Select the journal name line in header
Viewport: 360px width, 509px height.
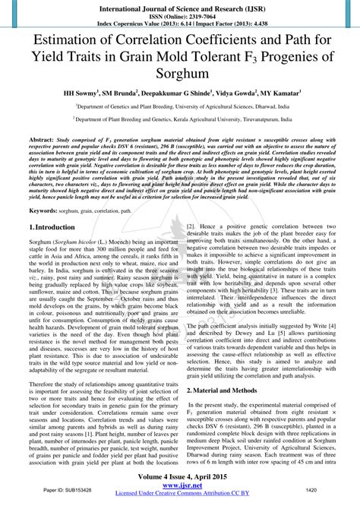point(179,5)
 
